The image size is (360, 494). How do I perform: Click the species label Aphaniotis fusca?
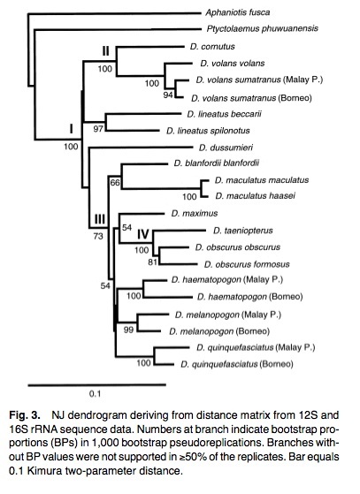237,12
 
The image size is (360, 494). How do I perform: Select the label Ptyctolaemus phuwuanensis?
263,28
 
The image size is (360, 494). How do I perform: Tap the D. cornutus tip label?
212,47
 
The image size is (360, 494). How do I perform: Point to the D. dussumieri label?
226,148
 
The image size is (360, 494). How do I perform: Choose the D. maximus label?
195,213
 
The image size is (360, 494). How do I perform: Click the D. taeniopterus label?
242,231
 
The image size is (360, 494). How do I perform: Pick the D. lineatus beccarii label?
224,114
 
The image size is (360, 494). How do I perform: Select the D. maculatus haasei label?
256,196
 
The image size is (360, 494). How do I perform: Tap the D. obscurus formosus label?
247,264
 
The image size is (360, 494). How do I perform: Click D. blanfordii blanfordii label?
216,163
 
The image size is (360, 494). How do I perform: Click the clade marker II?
105,50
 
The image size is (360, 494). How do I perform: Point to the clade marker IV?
142,234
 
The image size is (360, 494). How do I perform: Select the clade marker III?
100,218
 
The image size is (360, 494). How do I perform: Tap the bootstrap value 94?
168,95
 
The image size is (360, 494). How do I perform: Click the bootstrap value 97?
98,128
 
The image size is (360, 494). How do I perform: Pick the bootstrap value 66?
115,182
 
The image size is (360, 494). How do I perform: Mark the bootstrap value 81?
152,262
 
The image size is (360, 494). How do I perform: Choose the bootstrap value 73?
98,236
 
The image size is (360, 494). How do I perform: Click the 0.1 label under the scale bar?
95,393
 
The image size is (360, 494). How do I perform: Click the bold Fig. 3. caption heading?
25,415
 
